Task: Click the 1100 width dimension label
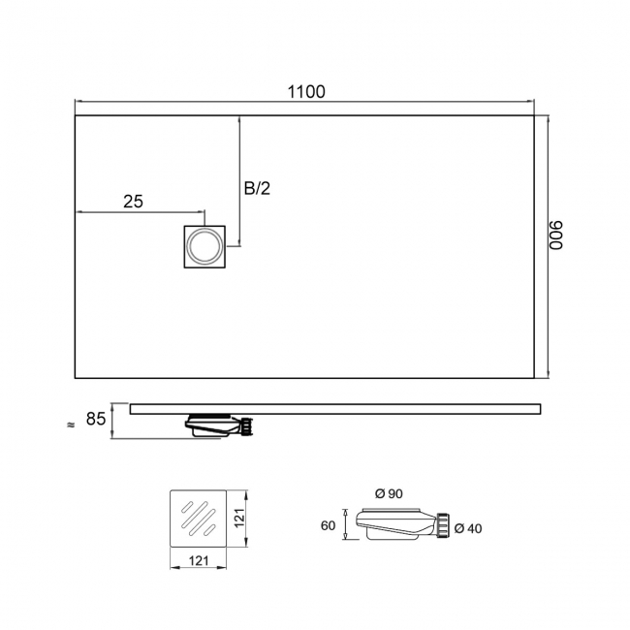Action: tap(306, 92)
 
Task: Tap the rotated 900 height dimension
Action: tap(556, 236)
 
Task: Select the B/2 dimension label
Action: tap(257, 188)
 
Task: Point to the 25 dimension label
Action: tap(133, 202)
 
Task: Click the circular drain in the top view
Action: tap(205, 247)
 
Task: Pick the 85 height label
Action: tap(96, 419)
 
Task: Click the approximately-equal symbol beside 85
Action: tap(71, 425)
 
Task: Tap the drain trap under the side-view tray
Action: tap(219, 425)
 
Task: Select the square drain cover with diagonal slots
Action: tap(199, 519)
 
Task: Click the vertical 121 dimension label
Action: tap(239, 518)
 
